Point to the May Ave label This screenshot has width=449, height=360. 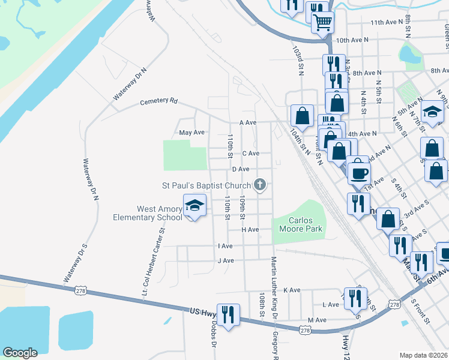(192, 132)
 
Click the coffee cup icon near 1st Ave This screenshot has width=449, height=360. (359, 173)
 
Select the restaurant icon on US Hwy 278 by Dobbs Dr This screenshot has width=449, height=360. (228, 314)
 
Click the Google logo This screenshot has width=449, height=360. (20, 353)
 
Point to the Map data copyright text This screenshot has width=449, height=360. (424, 355)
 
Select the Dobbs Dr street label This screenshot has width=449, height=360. (213, 333)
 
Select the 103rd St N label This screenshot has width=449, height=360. (297, 59)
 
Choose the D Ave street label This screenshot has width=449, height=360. (241, 169)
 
